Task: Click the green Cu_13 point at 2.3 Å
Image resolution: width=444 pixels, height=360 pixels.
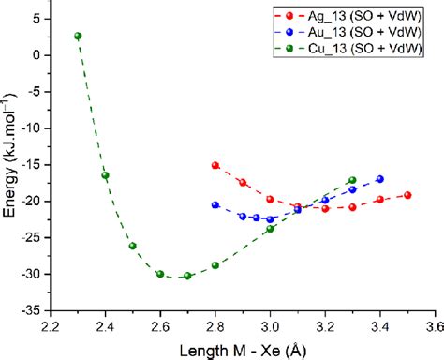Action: (78, 36)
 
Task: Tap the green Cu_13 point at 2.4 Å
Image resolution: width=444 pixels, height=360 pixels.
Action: (105, 175)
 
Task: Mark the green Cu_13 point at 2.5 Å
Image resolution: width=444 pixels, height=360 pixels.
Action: (132, 246)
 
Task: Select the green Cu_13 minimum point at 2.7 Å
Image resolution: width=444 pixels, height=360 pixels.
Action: (187, 276)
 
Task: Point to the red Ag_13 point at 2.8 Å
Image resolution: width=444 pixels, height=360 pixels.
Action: (215, 165)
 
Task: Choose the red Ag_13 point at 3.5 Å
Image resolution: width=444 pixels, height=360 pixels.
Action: (407, 195)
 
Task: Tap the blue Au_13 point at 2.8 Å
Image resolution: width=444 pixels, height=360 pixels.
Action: (215, 204)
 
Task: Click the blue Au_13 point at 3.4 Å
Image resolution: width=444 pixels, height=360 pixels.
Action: (380, 179)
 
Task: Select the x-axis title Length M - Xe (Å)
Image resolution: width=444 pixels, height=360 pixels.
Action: (242, 349)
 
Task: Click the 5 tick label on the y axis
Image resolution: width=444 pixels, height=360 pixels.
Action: (38, 19)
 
